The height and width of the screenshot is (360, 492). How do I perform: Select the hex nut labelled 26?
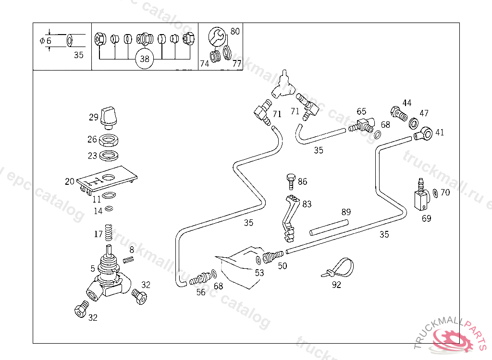pyautogui.click(x=109, y=140)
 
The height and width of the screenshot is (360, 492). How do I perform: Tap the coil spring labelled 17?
pyautogui.click(x=110, y=234)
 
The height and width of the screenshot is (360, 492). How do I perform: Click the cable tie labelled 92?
pyautogui.click(x=339, y=268)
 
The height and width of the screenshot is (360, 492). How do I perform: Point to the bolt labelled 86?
pyautogui.click(x=291, y=181)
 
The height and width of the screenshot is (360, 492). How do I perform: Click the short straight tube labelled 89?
pyautogui.click(x=328, y=227)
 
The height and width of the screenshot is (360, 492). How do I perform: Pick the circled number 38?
pyautogui.click(x=145, y=59)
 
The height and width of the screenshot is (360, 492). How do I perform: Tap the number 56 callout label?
pyautogui.click(x=201, y=292)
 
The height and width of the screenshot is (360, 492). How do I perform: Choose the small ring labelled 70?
pyautogui.click(x=435, y=193)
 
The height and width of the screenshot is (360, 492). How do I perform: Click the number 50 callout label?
pyautogui.click(x=283, y=265)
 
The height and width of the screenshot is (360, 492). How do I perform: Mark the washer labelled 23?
pyautogui.click(x=109, y=155)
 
